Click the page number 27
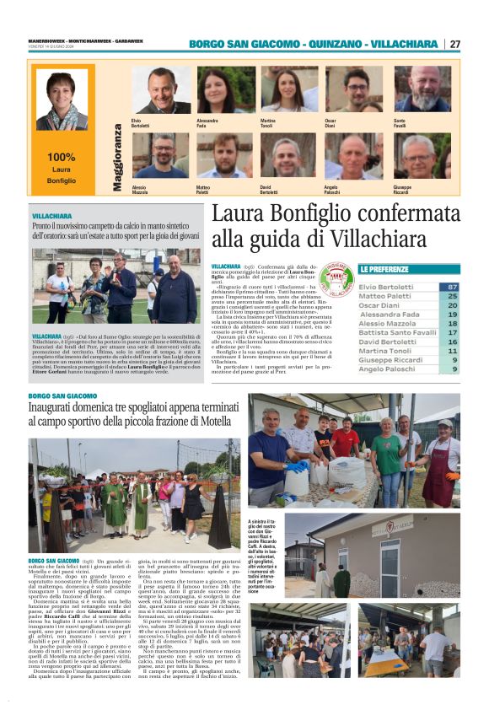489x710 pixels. [x=454, y=44]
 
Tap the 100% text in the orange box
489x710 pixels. [x=61, y=157]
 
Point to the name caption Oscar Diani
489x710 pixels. [x=336, y=124]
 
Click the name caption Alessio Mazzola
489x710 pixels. [x=143, y=190]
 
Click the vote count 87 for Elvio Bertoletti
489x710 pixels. [x=453, y=287]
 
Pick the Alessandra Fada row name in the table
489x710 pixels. [x=389, y=314]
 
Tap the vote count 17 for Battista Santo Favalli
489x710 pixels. [x=453, y=332]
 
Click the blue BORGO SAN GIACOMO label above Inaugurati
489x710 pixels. [x=62, y=396]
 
